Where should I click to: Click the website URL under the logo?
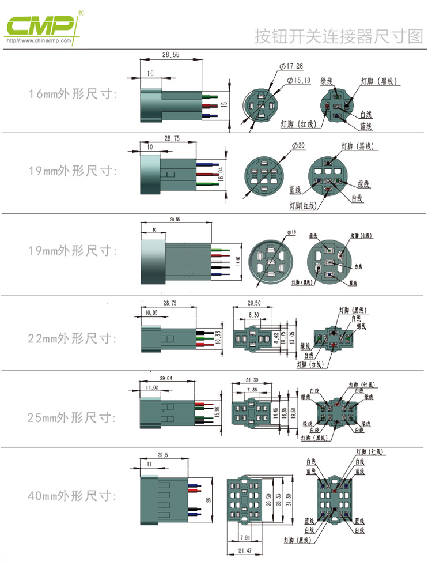click(x=39, y=41)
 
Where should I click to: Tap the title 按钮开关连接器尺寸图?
click(x=339, y=36)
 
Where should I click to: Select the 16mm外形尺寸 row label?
click(x=73, y=94)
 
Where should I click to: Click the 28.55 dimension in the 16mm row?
click(x=170, y=55)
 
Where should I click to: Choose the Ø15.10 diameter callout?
click(x=298, y=80)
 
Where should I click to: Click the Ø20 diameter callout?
click(x=298, y=146)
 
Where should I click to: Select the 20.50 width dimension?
click(x=254, y=303)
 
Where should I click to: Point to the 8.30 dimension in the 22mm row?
click(x=253, y=315)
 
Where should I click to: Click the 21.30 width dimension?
click(x=252, y=380)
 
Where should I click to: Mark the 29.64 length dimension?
click(x=166, y=379)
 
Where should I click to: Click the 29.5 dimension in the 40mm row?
click(x=162, y=455)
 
